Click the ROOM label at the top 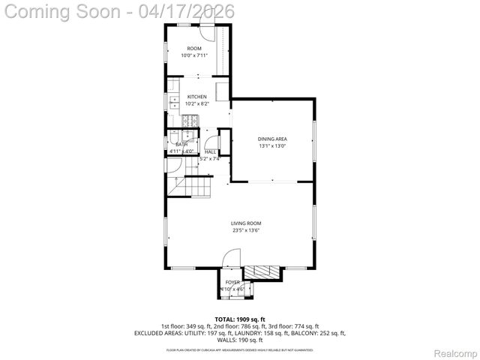pos(194,49)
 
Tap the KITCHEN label pos(196,97)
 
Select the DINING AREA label pos(272,139)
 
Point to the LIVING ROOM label pos(246,223)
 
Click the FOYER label pos(233,282)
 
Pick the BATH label pos(181,144)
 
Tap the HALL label pos(211,151)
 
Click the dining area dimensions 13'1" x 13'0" pos(272,146)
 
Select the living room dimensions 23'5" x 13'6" pos(246,230)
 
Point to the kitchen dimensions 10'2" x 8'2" pos(196,103)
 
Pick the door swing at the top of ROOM pos(208,34)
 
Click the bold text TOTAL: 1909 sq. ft pos(240,319)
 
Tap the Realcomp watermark pos(456,352)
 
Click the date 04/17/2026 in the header pos(187,11)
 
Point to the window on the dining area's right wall pos(314,139)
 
